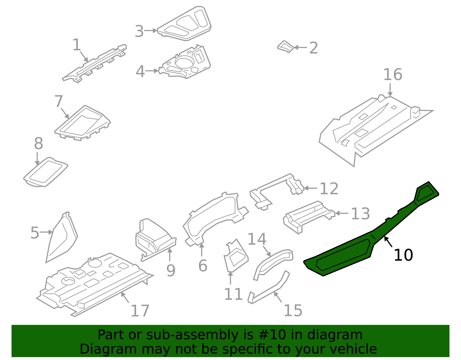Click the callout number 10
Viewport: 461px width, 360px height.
pyautogui.click(x=403, y=255)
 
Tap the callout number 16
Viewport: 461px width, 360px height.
pyautogui.click(x=392, y=75)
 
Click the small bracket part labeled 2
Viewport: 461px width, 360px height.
pyautogui.click(x=285, y=47)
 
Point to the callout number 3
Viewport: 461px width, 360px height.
pyautogui.click(x=139, y=31)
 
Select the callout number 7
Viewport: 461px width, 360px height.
pyautogui.click(x=58, y=101)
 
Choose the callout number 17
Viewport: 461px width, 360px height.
pyautogui.click(x=140, y=311)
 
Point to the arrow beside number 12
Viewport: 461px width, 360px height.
pyautogui.click(x=311, y=188)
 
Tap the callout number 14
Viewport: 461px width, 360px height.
pyautogui.click(x=257, y=239)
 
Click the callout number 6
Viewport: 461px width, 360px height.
pyautogui.click(x=203, y=266)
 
